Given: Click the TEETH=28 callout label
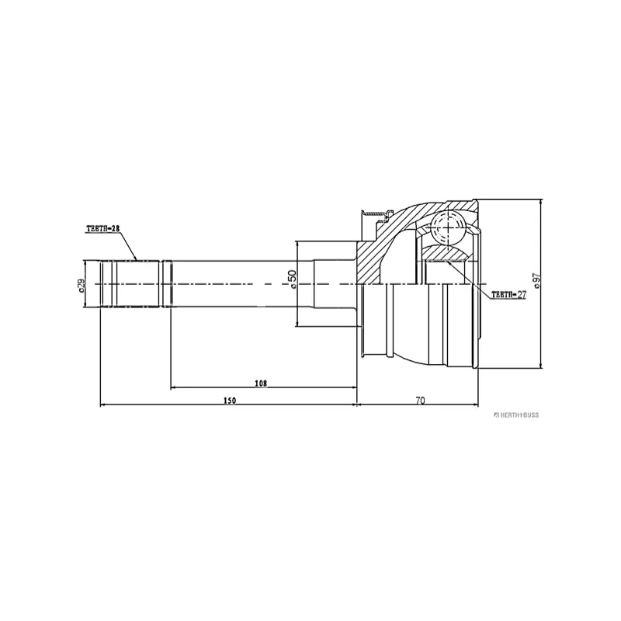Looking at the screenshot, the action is coord(103,229).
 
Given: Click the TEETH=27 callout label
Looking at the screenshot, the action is coord(509,295).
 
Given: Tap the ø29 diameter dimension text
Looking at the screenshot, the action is coord(82,285).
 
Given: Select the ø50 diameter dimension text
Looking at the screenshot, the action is coord(292,279).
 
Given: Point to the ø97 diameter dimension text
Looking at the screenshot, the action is coord(536,281).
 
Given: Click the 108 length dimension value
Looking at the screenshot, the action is coord(261,383).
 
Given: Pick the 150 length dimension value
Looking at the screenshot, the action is coord(229,401).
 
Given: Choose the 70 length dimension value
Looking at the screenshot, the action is coord(420,401).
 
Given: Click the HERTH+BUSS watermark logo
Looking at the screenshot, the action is coord(516,415).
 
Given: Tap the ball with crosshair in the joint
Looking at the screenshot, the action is coord(448,228).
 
